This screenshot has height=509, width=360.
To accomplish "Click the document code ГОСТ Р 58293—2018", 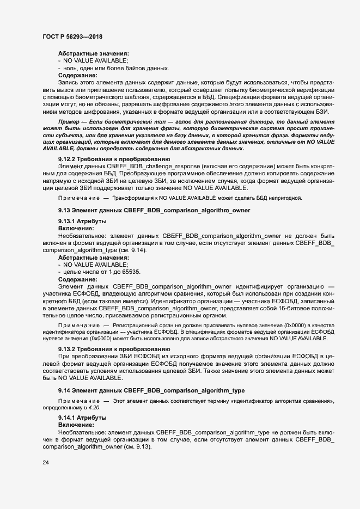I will click(72, 36).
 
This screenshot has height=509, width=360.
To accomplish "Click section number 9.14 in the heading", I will click(65, 390).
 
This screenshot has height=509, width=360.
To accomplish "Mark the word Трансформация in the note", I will click(129, 198).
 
